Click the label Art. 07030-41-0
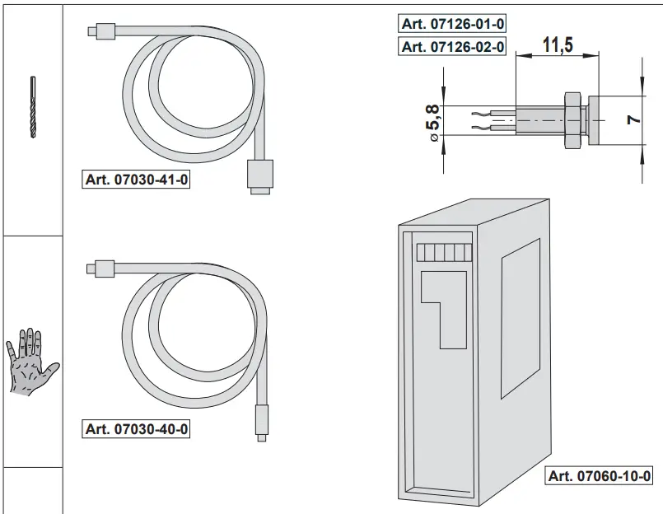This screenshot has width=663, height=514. point(138,180)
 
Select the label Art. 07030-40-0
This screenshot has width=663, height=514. point(138,429)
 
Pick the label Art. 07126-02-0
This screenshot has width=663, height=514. point(451,47)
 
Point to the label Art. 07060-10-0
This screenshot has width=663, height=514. point(600,476)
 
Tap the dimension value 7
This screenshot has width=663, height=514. point(633,119)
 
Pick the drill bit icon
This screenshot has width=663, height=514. point(32,107)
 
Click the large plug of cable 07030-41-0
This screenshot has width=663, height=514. point(259,175)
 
